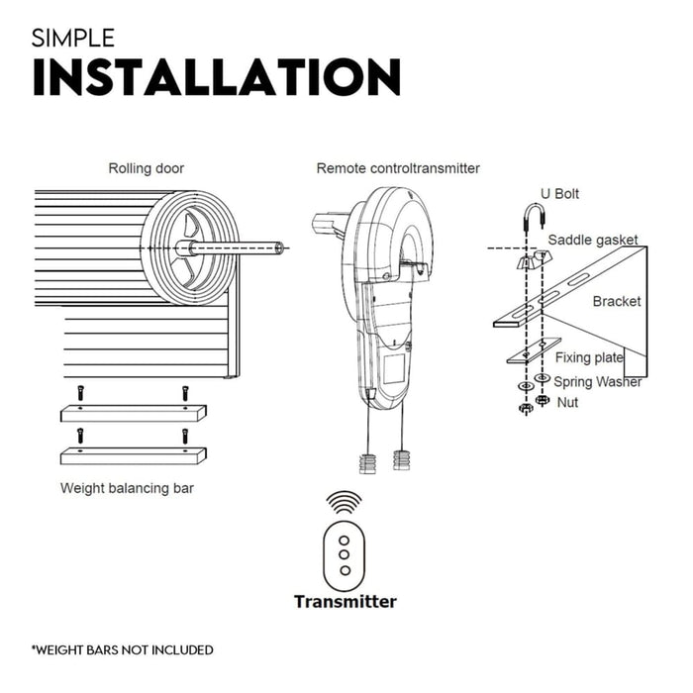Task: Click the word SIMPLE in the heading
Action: click(73, 39)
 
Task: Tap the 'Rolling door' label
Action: click(146, 168)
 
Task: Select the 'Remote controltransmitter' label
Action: click(398, 168)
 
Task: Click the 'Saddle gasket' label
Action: click(593, 241)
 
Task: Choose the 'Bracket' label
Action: click(617, 301)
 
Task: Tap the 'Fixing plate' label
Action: click(589, 357)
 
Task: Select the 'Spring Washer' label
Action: click(598, 381)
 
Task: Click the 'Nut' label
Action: click(568, 403)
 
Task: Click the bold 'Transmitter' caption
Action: click(345, 601)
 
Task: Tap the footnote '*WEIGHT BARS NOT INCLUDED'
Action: click(122, 650)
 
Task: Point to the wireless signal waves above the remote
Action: click(345, 501)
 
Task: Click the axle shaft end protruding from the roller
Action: click(281, 247)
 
